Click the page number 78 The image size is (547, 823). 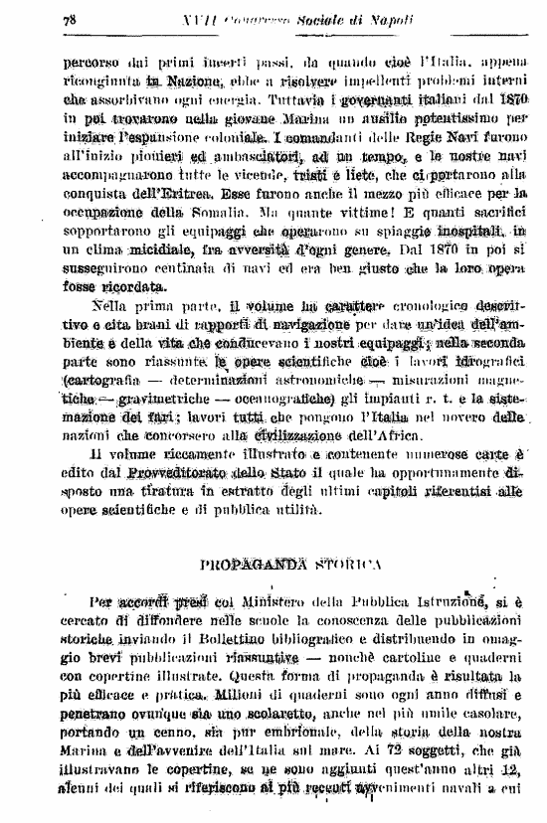tap(70, 20)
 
